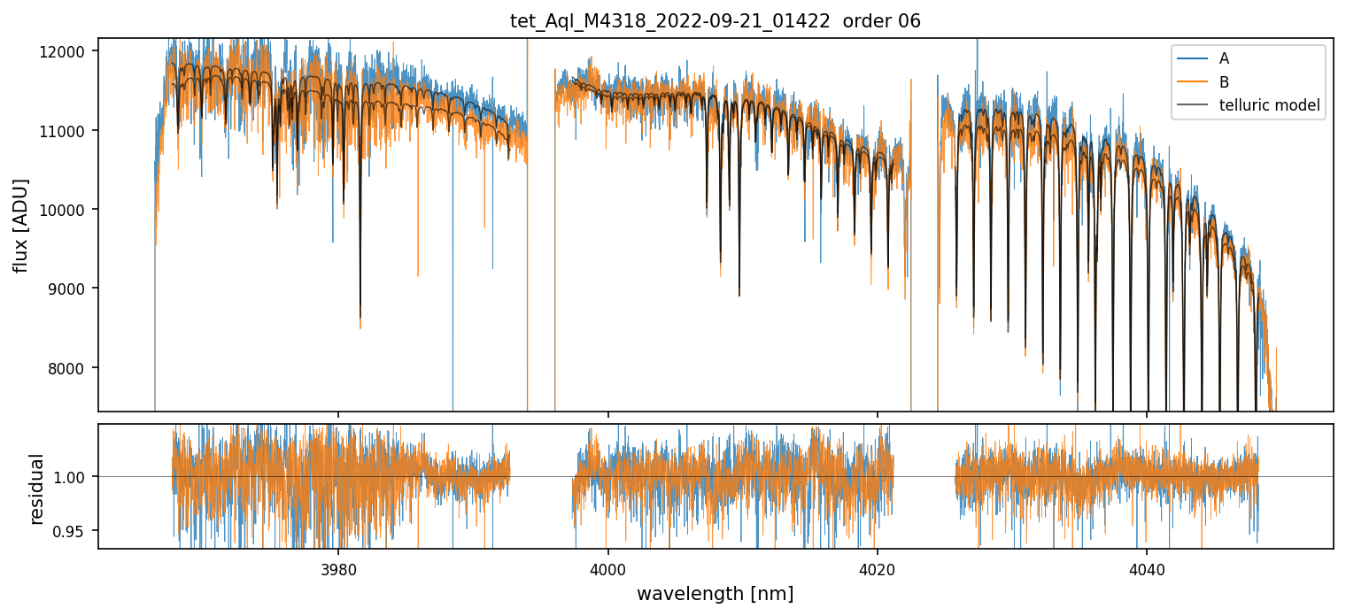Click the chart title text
tap(716, 21)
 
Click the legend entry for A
tap(1224, 58)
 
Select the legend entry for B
tap(1224, 82)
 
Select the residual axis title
tap(36, 488)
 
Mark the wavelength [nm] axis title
tap(715, 593)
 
